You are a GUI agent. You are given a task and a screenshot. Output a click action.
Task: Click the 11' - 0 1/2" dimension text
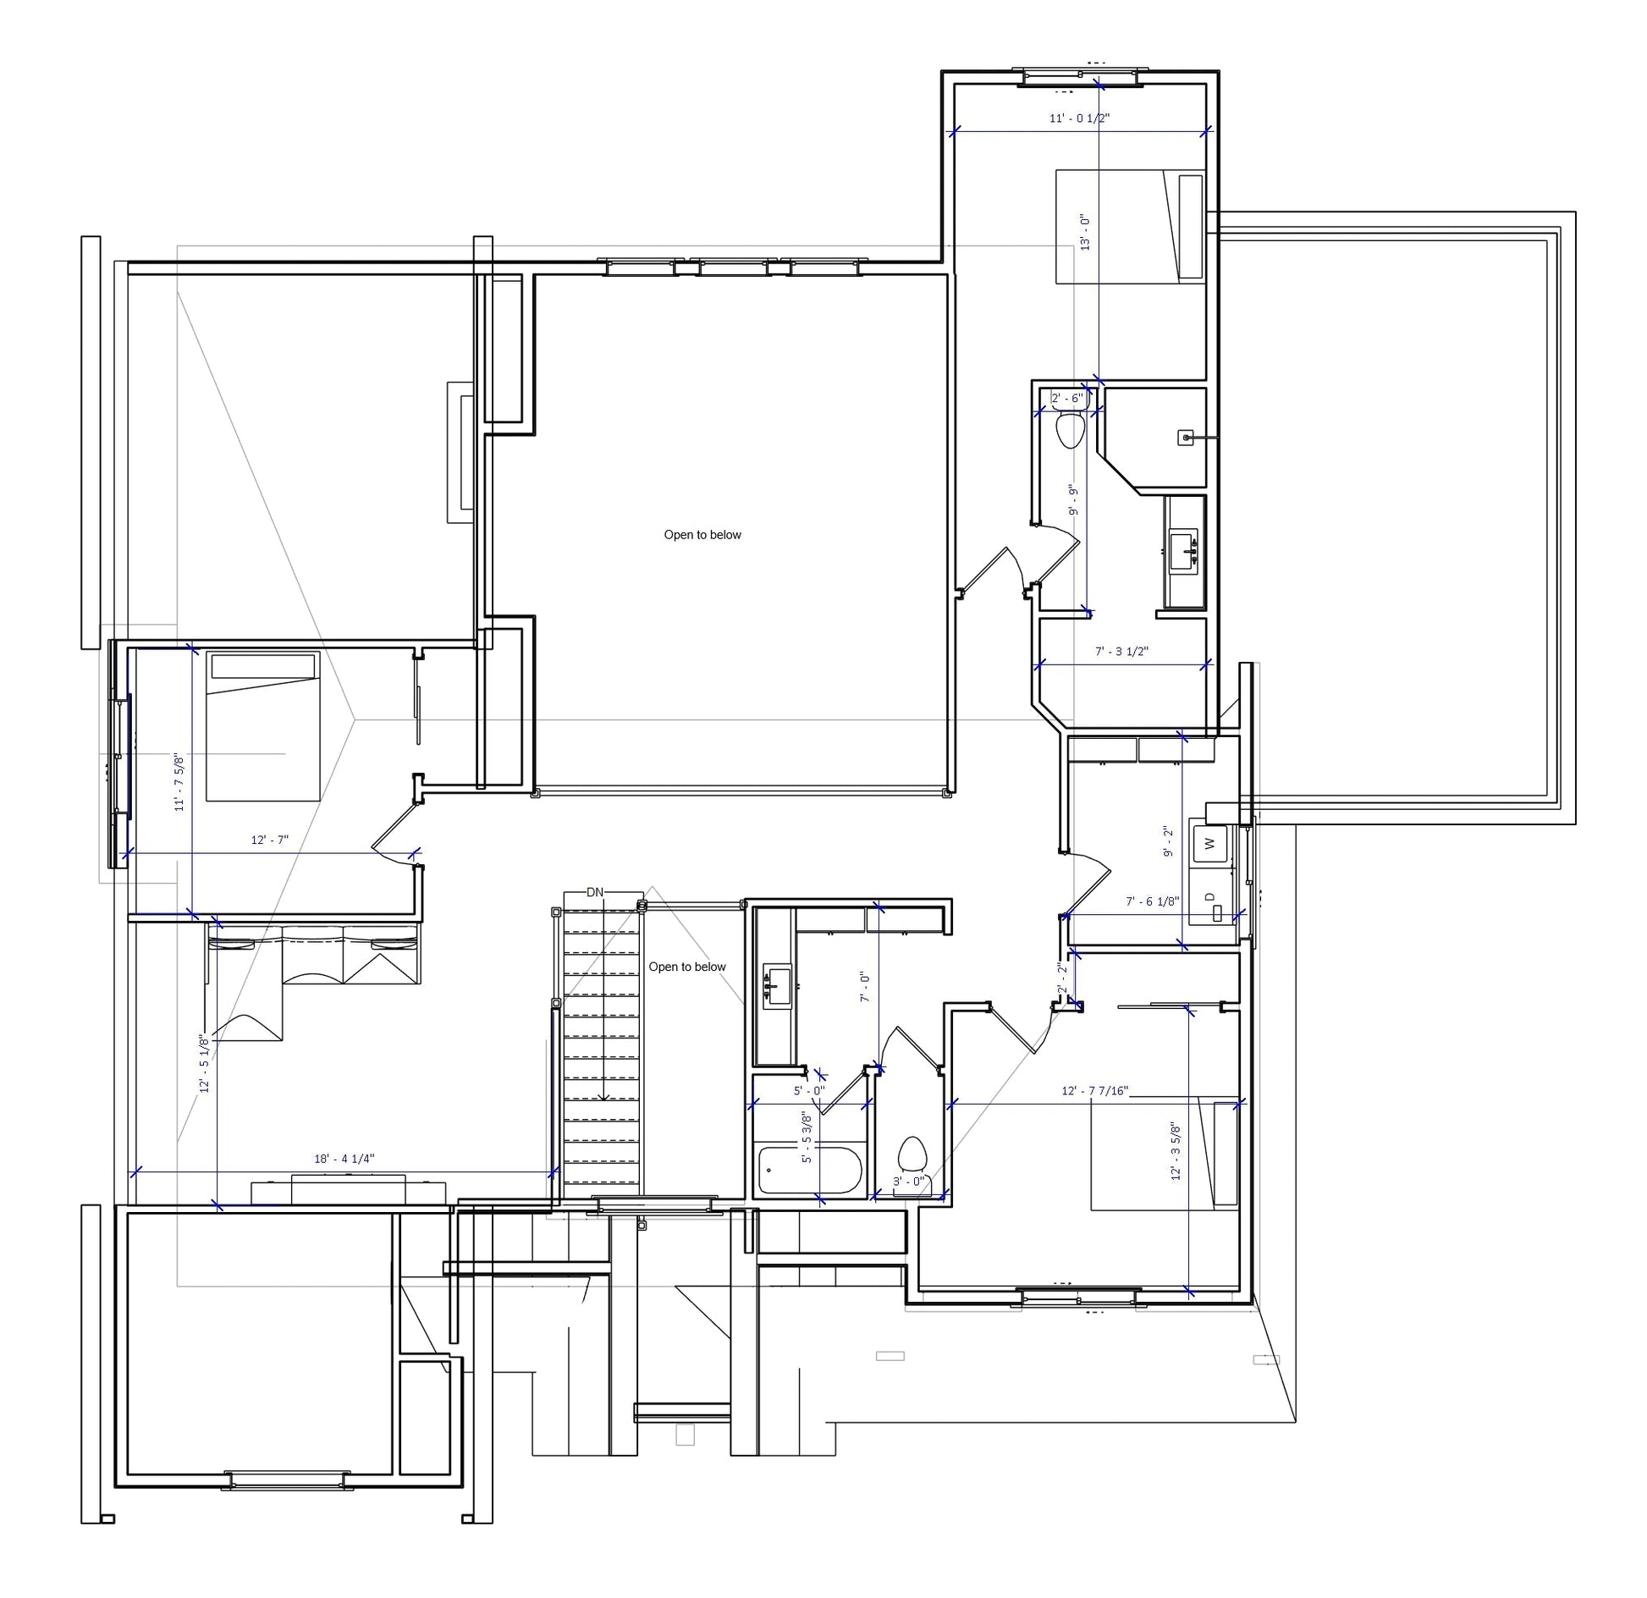click(x=1079, y=118)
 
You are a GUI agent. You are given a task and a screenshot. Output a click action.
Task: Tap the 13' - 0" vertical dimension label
click(x=1085, y=232)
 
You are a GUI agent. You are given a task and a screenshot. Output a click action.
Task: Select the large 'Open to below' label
click(x=702, y=535)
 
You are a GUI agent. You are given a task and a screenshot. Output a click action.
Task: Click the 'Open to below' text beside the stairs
click(x=687, y=967)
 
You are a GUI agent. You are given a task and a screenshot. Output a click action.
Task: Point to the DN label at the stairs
click(x=595, y=892)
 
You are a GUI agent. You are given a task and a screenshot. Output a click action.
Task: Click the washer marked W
click(x=1209, y=844)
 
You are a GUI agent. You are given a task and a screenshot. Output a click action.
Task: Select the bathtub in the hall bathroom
click(x=810, y=1170)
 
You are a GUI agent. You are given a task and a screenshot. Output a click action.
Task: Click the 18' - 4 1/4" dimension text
click(x=344, y=1159)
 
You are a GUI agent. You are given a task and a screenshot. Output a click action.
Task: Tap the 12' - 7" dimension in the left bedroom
click(x=270, y=840)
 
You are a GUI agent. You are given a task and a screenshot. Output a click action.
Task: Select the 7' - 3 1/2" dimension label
click(x=1122, y=651)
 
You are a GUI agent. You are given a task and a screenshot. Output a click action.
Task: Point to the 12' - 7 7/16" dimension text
click(x=1095, y=1090)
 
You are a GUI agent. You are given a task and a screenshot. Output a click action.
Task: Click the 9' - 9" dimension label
click(x=1073, y=500)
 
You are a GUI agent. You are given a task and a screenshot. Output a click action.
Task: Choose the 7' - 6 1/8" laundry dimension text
click(x=1153, y=901)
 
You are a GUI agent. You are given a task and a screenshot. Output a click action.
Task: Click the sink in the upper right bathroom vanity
click(x=1183, y=548)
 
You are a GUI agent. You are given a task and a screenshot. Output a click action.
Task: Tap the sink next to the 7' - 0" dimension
click(x=777, y=986)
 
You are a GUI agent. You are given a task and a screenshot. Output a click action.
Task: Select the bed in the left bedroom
click(x=263, y=726)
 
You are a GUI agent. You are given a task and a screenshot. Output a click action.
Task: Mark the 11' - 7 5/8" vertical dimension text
click(x=179, y=782)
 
